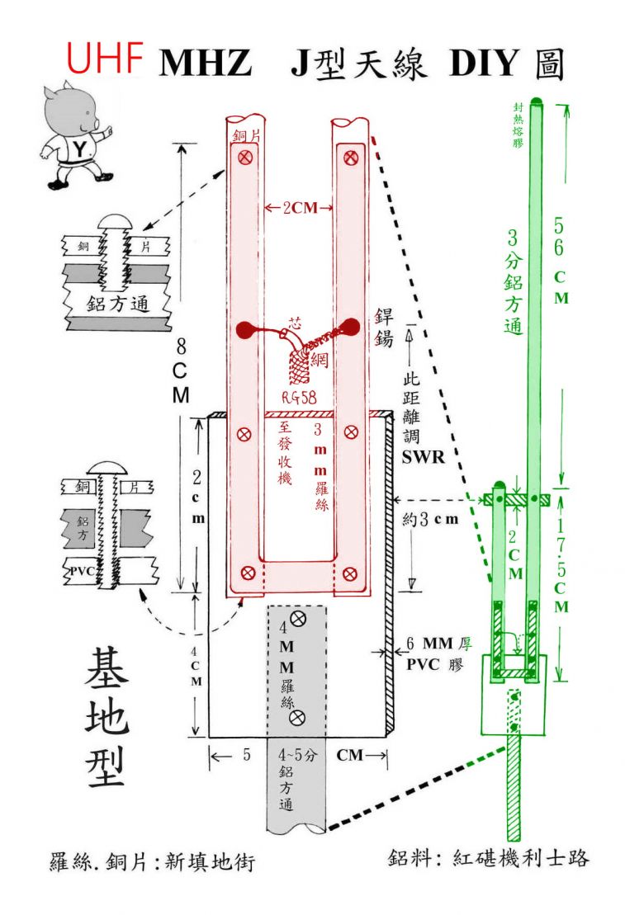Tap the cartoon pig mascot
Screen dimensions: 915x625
click(x=78, y=137)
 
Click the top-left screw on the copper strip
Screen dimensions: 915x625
click(x=244, y=157)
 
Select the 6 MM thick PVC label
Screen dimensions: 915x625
click(x=437, y=652)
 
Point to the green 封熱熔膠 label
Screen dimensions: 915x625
click(x=518, y=125)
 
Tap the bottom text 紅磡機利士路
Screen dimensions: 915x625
click(x=521, y=858)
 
